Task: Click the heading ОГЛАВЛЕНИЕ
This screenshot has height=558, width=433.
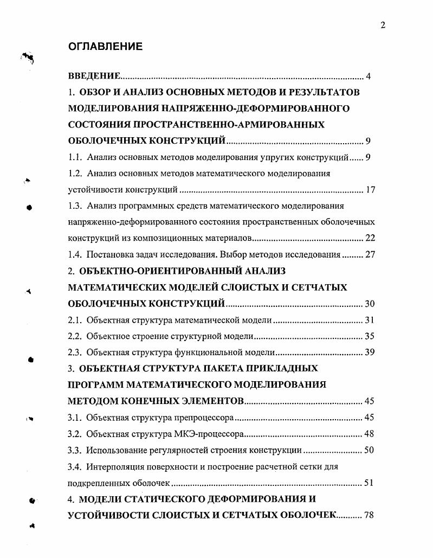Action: [105, 47]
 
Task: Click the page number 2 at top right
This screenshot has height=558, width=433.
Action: [383, 25]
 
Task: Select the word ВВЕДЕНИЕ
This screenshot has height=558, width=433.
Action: [94, 76]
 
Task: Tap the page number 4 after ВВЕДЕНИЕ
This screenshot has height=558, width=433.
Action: [368, 76]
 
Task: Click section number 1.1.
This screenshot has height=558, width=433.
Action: [75, 158]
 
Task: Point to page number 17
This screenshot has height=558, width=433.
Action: [370, 190]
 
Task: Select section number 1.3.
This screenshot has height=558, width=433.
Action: [75, 206]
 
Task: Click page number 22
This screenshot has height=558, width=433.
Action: [370, 239]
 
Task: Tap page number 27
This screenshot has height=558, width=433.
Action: [370, 255]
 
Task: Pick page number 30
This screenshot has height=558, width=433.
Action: [370, 304]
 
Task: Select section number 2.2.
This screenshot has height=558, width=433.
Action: [75, 336]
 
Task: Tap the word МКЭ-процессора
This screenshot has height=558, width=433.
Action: [210, 434]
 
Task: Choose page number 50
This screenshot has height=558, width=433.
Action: [370, 450]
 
